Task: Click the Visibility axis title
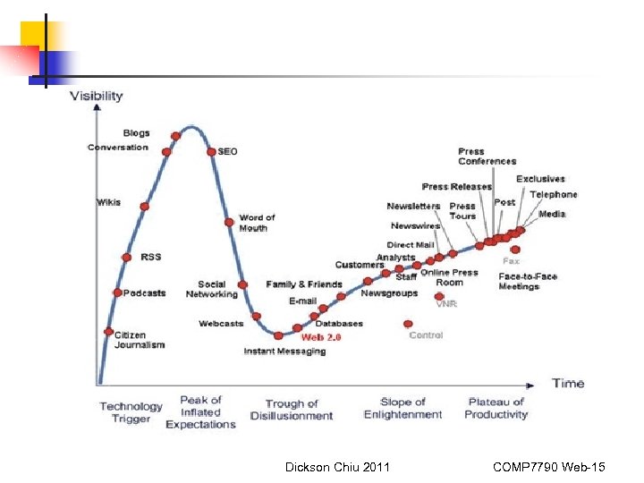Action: coord(97,96)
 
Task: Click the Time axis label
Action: coord(567,383)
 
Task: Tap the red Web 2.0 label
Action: coord(320,337)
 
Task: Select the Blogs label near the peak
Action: coord(137,133)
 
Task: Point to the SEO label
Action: coord(228,151)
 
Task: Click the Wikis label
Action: coord(109,202)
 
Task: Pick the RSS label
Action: coord(151,257)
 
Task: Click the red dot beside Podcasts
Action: coord(117,292)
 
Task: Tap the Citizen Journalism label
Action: coord(140,340)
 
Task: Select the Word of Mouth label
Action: coord(257,223)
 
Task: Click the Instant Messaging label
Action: coord(284,352)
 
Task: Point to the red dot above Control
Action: coord(409,324)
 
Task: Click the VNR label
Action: coord(446,304)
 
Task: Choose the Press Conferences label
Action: coord(487,157)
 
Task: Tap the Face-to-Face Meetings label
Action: coord(528,281)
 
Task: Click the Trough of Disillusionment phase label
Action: coord(291,410)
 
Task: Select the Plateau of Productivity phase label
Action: coord(496,408)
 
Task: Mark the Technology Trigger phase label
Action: coord(131,412)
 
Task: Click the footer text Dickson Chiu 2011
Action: coord(337,467)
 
